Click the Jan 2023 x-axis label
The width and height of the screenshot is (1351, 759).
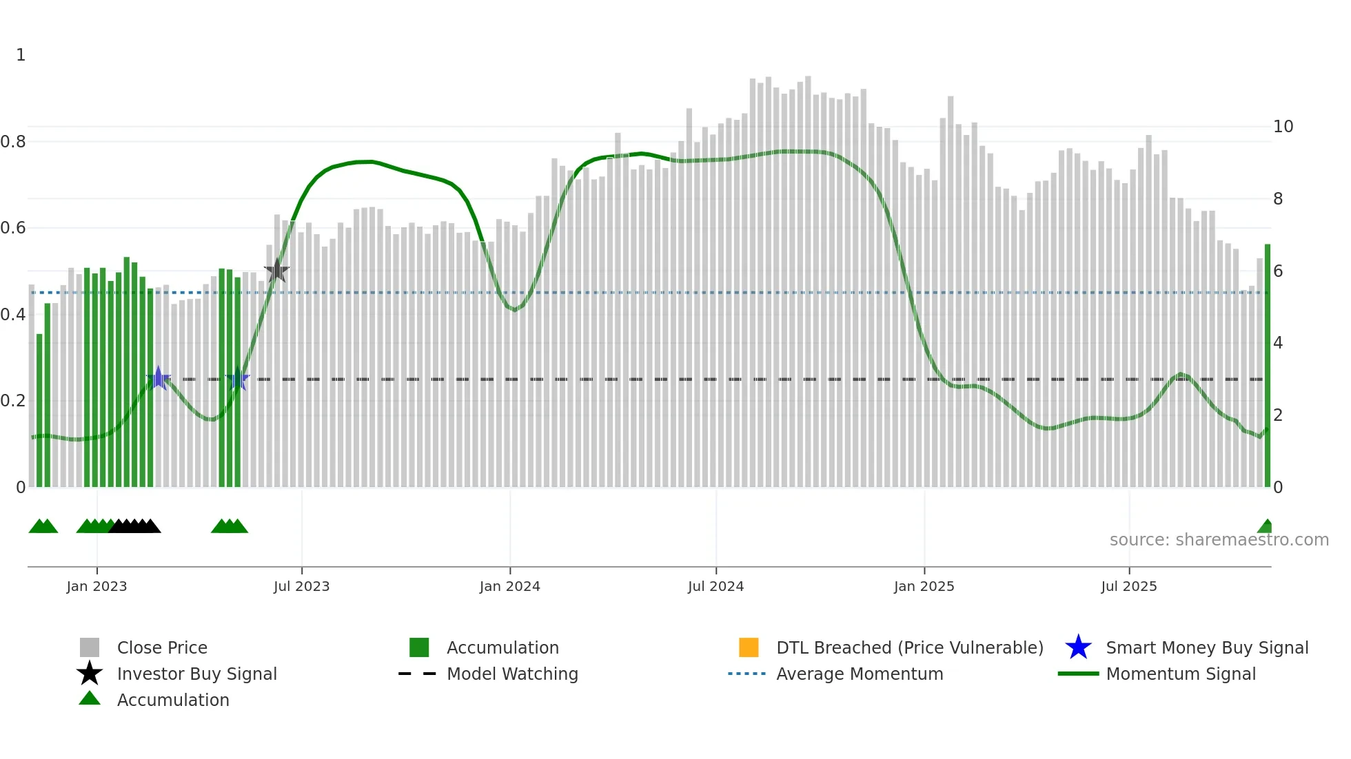(x=96, y=586)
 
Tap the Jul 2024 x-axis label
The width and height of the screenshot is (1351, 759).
(x=715, y=586)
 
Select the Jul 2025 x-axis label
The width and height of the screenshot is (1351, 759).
(x=1128, y=586)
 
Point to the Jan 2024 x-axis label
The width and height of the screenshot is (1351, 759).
(x=509, y=586)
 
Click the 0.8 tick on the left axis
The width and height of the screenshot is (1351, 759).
(x=13, y=142)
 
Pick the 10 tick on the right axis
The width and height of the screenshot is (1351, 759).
(x=1283, y=127)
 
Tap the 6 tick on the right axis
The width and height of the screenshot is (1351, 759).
(x=1278, y=271)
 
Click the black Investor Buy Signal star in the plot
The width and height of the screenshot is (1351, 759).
(x=276, y=271)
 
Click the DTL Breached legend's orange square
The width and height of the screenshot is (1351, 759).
(x=749, y=647)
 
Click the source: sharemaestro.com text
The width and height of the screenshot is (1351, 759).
(x=1219, y=540)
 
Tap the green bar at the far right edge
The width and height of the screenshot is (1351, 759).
(x=1267, y=365)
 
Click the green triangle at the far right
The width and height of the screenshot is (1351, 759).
(x=1266, y=527)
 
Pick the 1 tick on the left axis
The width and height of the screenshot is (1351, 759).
(x=21, y=55)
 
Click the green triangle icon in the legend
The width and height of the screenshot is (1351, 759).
(x=90, y=698)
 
